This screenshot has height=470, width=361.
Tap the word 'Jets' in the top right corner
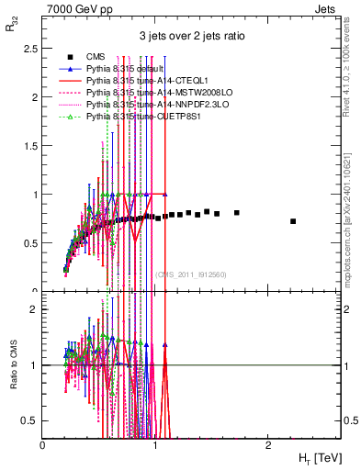click(x=326, y=7)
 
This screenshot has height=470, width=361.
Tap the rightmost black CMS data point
click(x=293, y=221)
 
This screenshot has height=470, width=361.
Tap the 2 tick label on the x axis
click(x=267, y=444)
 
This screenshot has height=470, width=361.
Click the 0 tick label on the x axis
click(x=43, y=444)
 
